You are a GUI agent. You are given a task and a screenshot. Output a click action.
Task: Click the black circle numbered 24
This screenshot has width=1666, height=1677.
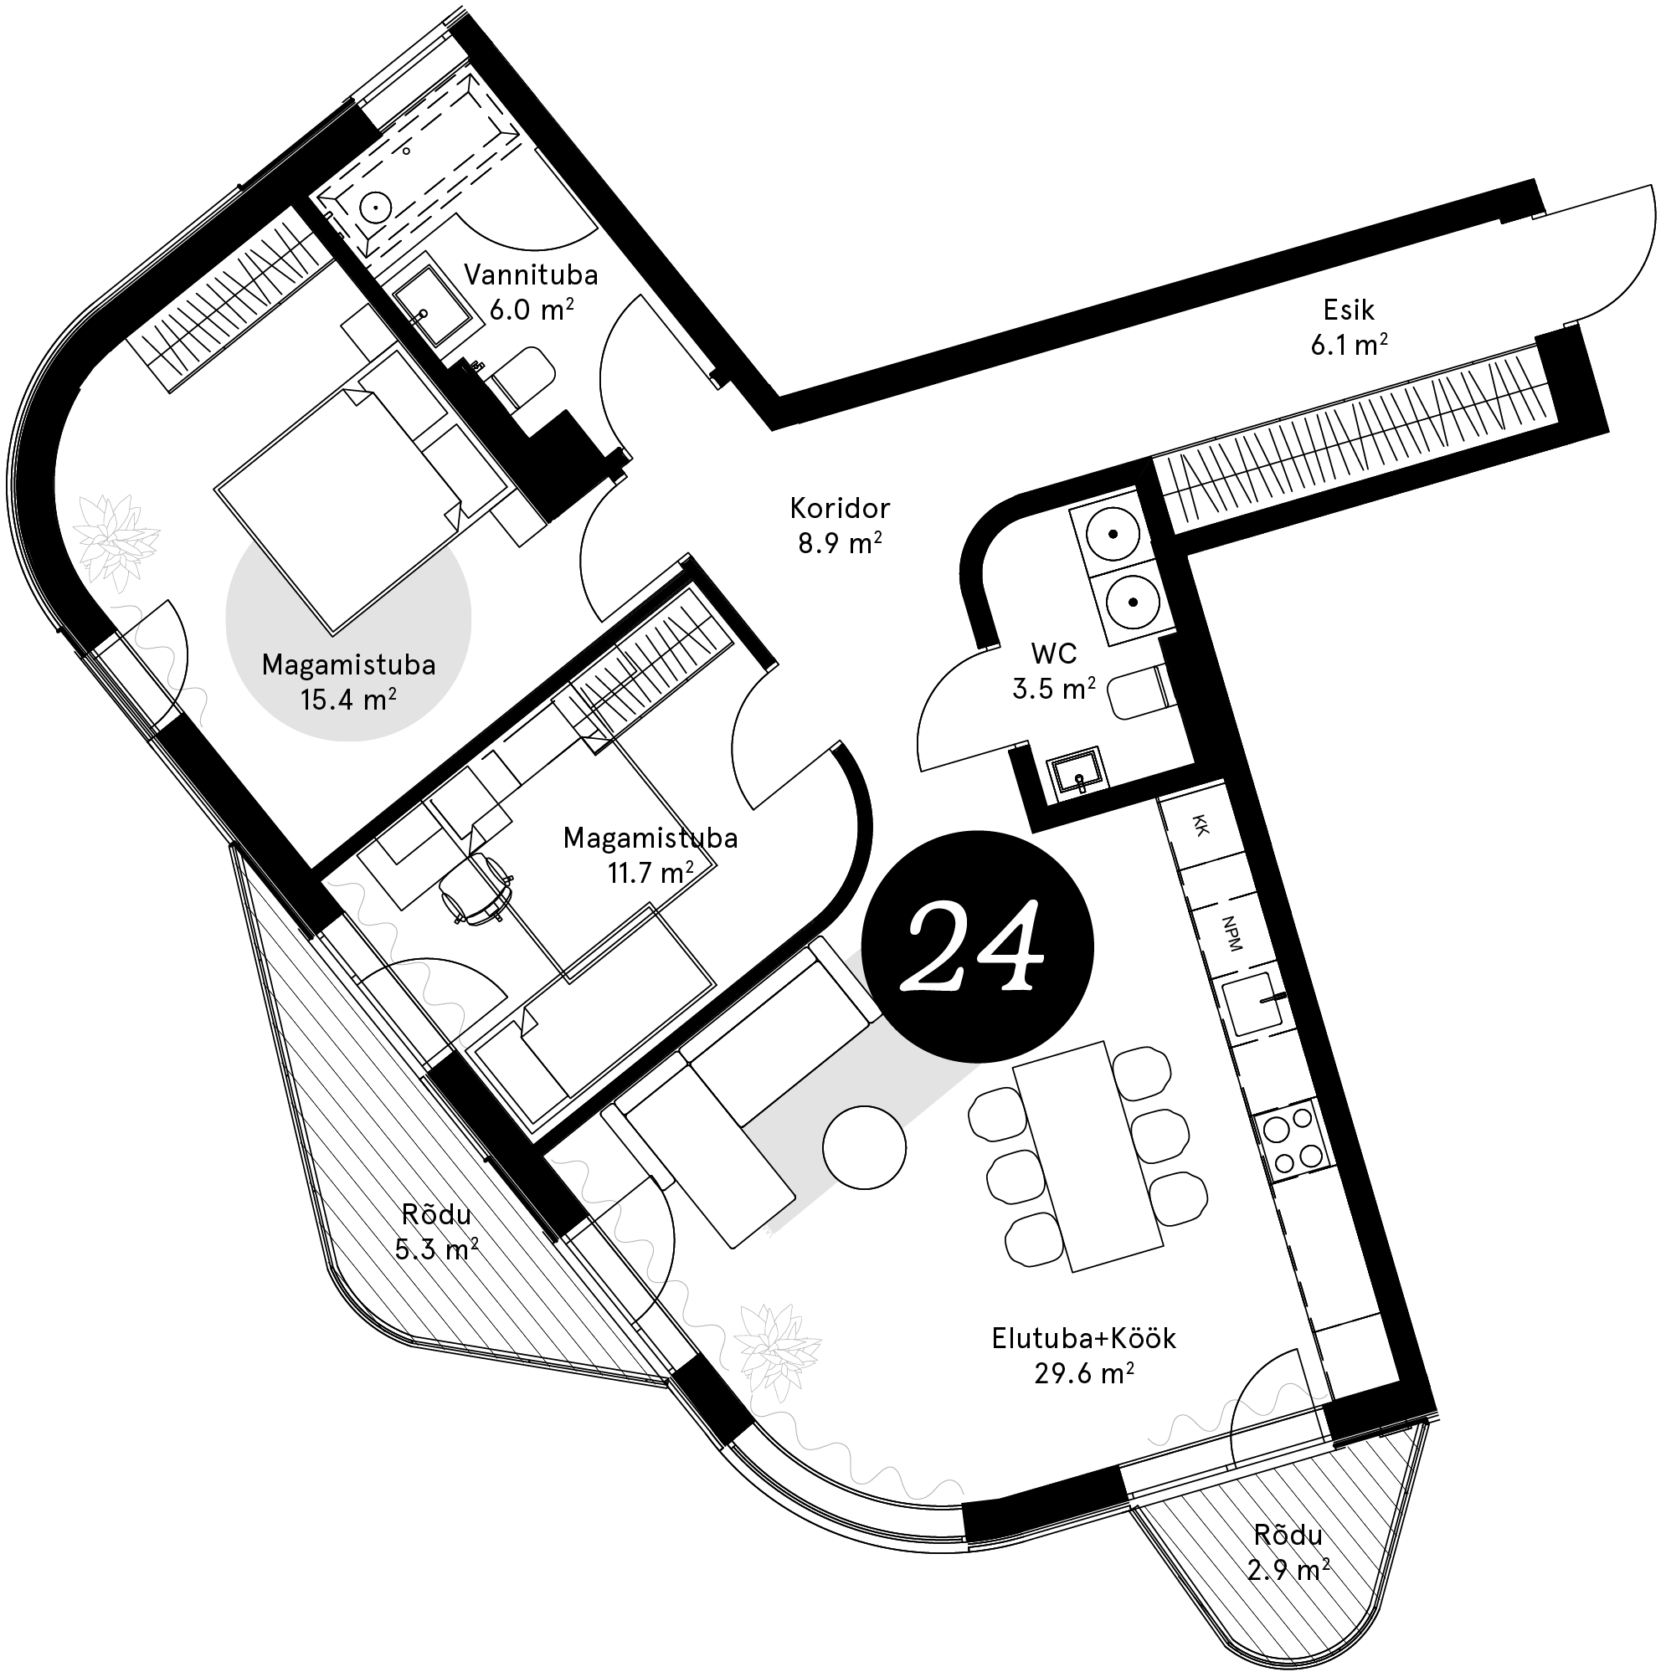coord(976,946)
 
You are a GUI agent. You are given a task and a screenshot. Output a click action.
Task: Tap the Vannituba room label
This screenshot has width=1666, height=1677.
coord(531,292)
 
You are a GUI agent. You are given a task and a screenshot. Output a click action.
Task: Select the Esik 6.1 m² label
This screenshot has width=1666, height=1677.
coord(1349,327)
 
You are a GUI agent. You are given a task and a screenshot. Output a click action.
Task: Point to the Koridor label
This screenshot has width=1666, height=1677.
coord(840,525)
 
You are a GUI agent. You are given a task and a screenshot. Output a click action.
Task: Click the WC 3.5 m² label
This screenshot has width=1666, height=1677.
coord(1054,670)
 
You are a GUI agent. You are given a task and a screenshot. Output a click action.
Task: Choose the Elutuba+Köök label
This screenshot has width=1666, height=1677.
coord(1083,1354)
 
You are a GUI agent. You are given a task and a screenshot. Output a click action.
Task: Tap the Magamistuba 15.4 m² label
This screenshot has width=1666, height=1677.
coord(348,681)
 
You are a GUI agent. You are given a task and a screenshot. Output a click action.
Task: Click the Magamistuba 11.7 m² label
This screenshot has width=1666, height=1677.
coord(650,854)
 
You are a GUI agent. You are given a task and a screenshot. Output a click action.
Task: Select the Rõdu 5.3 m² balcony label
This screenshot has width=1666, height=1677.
coord(436,1231)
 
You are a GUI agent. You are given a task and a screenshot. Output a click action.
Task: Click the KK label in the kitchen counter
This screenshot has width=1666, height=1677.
coord(1201,825)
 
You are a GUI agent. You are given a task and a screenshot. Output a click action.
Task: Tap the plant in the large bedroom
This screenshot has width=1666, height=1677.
coord(116,539)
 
